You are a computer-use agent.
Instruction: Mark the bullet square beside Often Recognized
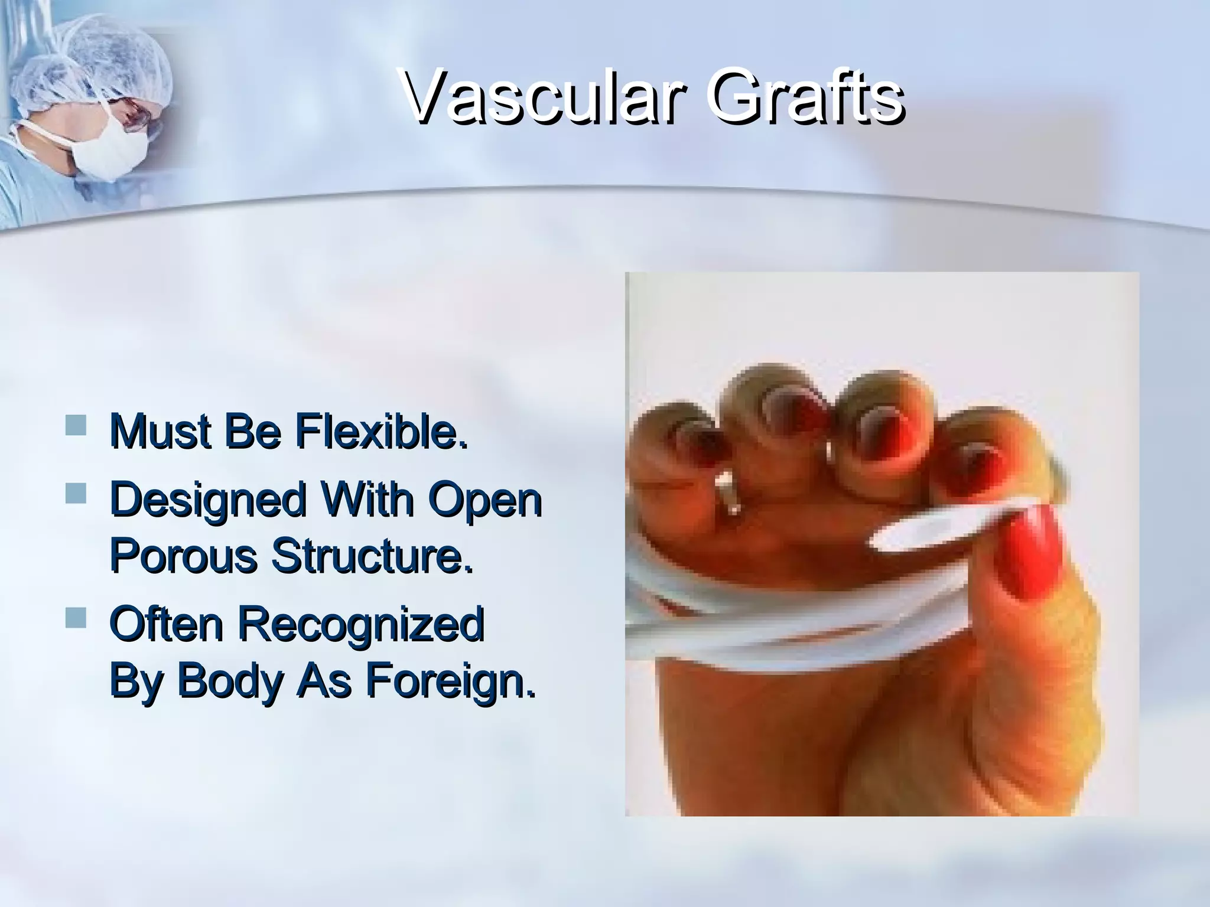pyautogui.click(x=75, y=616)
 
